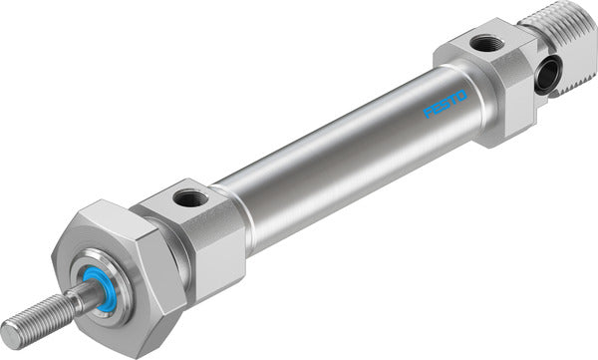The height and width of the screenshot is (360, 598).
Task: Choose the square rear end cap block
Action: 488,80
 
